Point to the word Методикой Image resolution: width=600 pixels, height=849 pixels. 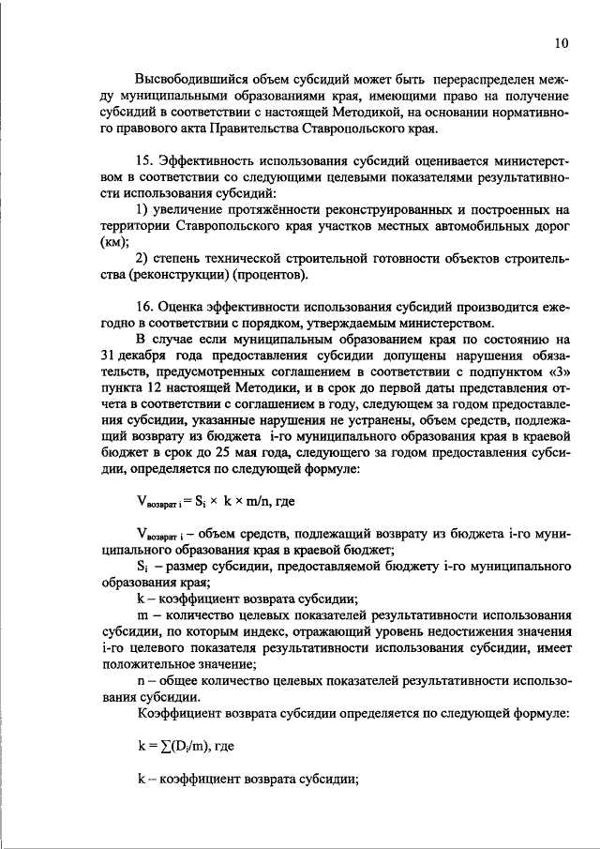pyautogui.click(x=355, y=113)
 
